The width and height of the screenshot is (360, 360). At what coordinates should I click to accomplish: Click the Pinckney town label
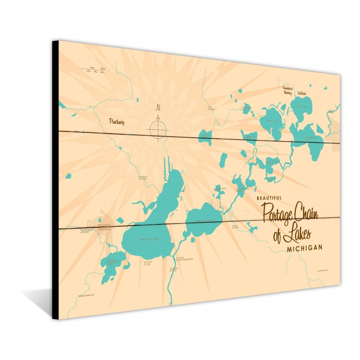point(117,122)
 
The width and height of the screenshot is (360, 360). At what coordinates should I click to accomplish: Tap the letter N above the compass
point(158,107)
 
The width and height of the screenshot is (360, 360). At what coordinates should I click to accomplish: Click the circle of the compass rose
point(158,130)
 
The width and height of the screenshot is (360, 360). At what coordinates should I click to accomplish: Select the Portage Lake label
point(148,239)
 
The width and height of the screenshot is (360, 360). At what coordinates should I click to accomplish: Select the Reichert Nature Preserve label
point(105,227)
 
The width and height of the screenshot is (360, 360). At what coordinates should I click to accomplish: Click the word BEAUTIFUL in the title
point(269,198)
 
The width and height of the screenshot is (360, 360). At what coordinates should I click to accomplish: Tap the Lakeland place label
point(302,93)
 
